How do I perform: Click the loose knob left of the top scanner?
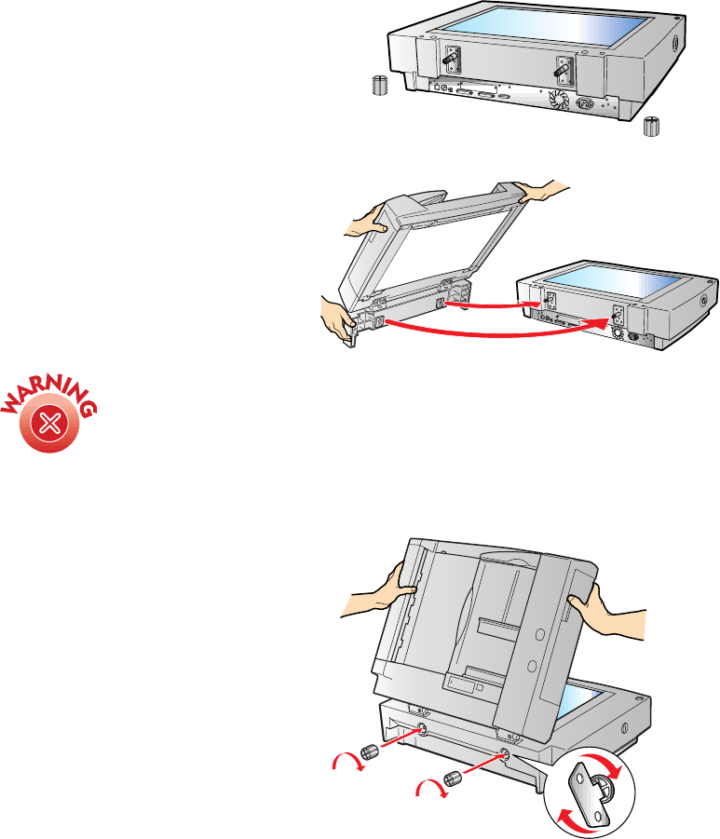[378, 87]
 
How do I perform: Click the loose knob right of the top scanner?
[652, 126]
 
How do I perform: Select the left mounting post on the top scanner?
[452, 57]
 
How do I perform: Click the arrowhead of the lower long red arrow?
[595, 321]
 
